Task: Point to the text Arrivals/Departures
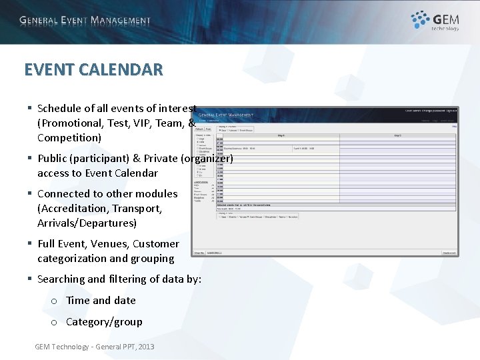pos(87,223)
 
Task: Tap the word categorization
pos(72,259)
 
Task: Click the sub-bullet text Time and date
pos(101,301)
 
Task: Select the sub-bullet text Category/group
pos(104,322)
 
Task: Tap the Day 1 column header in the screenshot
pos(280,135)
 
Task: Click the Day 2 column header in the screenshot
pos(397,135)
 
